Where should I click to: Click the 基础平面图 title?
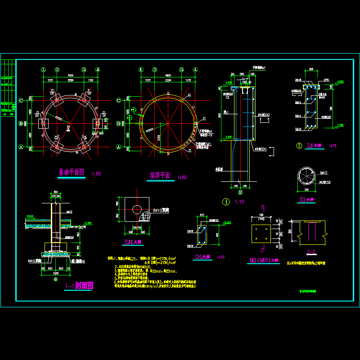tap(72, 172)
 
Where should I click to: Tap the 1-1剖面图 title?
tap(79, 285)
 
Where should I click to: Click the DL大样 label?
tap(203, 257)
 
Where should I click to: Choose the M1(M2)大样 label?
tap(265, 260)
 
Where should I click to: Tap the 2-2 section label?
tap(310, 252)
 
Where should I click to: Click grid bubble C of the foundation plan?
tap(21, 100)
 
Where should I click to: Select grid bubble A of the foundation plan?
tap(21, 147)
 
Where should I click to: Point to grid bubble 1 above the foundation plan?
tap(44, 70)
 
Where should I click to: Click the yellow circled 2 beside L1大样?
tap(299, 145)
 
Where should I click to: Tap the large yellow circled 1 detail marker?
tap(226, 202)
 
